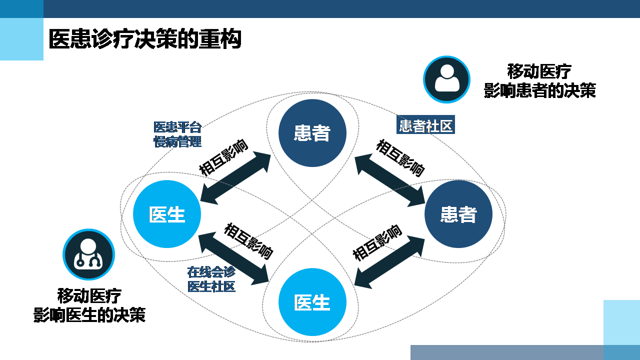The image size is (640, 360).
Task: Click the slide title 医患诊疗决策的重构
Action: (x=145, y=39)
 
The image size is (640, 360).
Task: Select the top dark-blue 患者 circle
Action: (x=312, y=133)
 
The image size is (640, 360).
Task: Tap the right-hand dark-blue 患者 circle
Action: (x=458, y=214)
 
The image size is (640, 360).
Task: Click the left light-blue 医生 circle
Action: (x=167, y=214)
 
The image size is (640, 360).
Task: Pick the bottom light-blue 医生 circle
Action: (x=312, y=302)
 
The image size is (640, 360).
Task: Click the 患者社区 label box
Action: (x=425, y=125)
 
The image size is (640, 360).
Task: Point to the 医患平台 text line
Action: (x=177, y=127)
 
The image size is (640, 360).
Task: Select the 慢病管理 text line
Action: (x=177, y=141)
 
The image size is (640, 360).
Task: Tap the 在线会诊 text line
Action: (x=211, y=272)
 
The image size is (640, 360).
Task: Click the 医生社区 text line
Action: (x=211, y=286)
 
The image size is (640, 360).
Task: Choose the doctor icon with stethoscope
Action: (x=88, y=254)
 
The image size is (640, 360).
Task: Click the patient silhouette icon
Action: (x=446, y=79)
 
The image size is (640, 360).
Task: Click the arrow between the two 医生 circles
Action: (x=234, y=257)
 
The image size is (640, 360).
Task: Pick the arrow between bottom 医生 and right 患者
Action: (x=389, y=261)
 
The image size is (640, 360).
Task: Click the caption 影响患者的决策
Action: (x=539, y=90)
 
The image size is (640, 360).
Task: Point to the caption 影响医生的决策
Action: (x=89, y=315)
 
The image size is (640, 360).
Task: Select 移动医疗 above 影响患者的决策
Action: (x=539, y=71)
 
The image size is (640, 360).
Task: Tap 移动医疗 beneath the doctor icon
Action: (x=89, y=296)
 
